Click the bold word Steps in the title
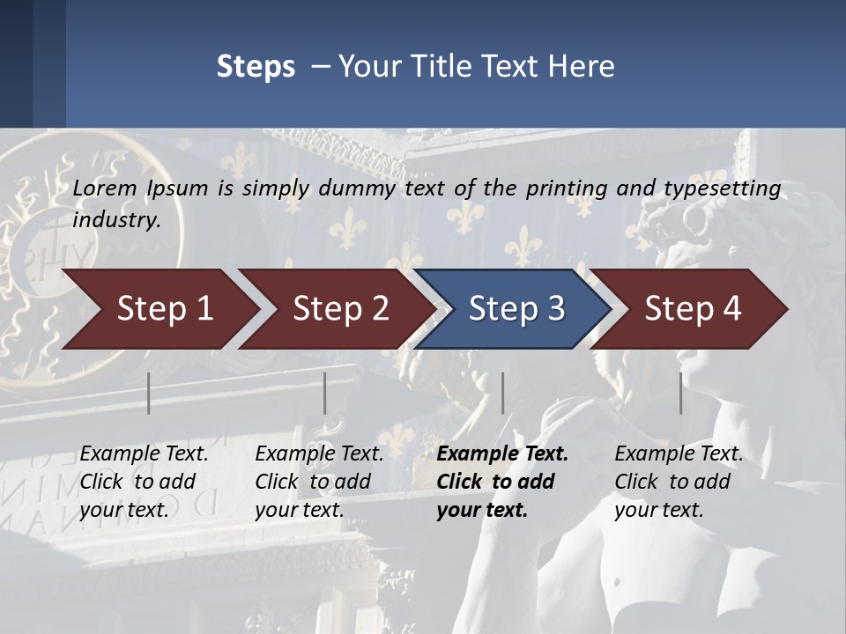click(256, 66)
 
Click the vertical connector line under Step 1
click(149, 393)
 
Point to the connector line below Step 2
click(325, 393)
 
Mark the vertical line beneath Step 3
click(502, 393)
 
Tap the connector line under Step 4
click(680, 393)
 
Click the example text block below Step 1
click(144, 482)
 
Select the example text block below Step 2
click(319, 482)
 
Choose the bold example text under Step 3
click(502, 482)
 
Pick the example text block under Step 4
click(679, 482)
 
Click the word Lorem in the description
click(105, 188)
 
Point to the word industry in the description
click(116, 219)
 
